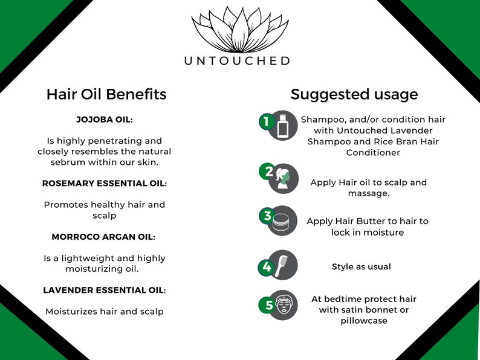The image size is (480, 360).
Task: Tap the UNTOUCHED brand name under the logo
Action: [238, 60]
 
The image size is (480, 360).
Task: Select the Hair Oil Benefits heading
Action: [106, 94]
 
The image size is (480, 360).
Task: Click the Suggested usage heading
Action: [354, 94]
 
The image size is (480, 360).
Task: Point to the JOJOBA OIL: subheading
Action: [105, 119]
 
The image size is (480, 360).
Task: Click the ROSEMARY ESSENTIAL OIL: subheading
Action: [105, 183]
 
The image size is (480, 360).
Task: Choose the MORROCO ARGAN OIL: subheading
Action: [105, 237]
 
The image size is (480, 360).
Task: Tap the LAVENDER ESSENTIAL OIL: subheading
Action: [105, 290]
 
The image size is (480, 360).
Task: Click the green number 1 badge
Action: [265, 122]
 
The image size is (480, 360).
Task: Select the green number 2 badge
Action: [269, 172]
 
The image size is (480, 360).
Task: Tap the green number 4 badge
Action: [267, 267]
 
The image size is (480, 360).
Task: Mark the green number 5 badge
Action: [269, 306]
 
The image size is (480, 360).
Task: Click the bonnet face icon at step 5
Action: [284, 304]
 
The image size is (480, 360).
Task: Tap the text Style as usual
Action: [362, 266]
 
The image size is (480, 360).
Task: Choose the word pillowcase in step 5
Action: [364, 321]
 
